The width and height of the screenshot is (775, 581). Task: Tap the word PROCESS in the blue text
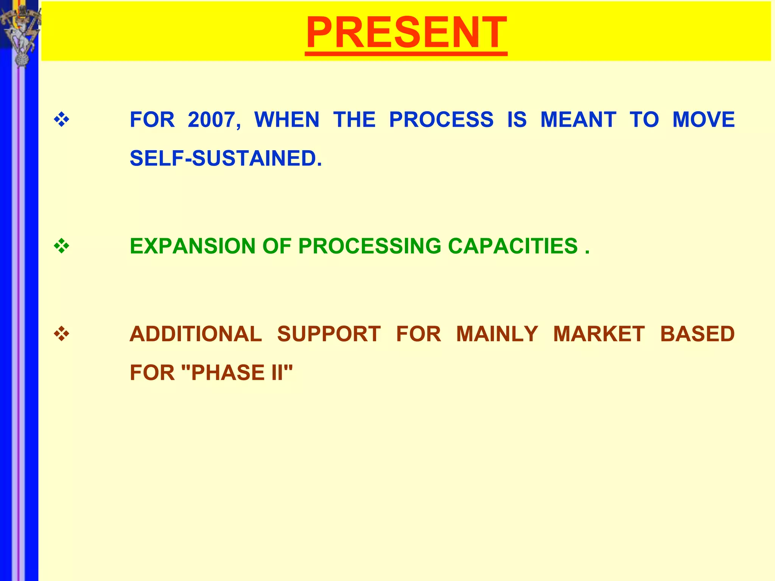click(x=441, y=120)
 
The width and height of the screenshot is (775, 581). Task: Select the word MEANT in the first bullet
click(x=578, y=120)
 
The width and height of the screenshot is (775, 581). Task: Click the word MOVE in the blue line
click(x=703, y=120)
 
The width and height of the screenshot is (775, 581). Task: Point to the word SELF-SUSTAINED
click(x=226, y=158)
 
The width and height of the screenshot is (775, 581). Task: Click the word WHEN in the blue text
click(x=287, y=120)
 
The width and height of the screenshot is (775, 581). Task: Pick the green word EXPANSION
click(x=193, y=246)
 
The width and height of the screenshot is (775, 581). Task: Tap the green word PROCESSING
click(x=370, y=246)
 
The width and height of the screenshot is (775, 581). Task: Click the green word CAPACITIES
click(x=513, y=246)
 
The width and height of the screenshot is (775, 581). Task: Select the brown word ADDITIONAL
click(x=196, y=334)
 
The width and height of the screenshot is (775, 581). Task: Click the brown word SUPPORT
click(x=328, y=334)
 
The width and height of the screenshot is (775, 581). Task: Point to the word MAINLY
click(x=497, y=334)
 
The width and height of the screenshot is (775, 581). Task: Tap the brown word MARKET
click(x=599, y=334)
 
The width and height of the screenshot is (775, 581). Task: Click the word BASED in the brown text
click(x=697, y=334)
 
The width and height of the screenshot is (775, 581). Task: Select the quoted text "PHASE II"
click(x=237, y=373)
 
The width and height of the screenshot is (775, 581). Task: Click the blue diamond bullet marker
click(x=62, y=120)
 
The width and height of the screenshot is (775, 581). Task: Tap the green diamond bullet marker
click(x=62, y=247)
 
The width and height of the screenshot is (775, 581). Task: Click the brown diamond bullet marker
click(x=62, y=334)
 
